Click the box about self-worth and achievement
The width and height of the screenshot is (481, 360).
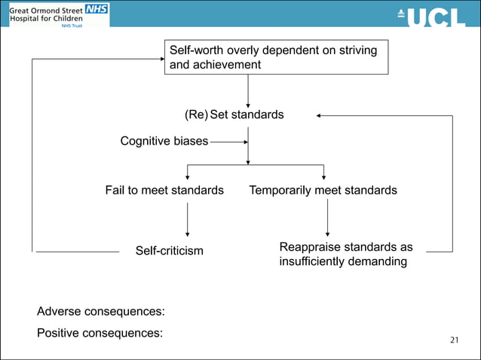pyautogui.click(x=276, y=57)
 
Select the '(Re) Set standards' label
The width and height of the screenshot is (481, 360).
pyautogui.click(x=234, y=115)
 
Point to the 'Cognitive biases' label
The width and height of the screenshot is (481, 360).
pyautogui.click(x=164, y=140)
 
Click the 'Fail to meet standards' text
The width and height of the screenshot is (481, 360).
pyautogui.click(x=164, y=191)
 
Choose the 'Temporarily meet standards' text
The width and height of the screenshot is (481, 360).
pyautogui.click(x=323, y=191)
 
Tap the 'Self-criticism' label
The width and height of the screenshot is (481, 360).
pyautogui.click(x=169, y=250)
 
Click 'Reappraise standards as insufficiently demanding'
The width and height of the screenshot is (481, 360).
pyautogui.click(x=345, y=255)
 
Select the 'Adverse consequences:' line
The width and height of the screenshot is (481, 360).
pyautogui.click(x=101, y=311)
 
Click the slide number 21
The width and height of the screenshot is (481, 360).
pyautogui.click(x=453, y=340)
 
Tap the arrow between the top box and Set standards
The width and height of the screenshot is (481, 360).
pyautogui.click(x=248, y=91)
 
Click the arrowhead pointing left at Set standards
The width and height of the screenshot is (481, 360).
pyautogui.click(x=320, y=116)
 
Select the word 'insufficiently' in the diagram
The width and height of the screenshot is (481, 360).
pyautogui.click(x=311, y=262)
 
